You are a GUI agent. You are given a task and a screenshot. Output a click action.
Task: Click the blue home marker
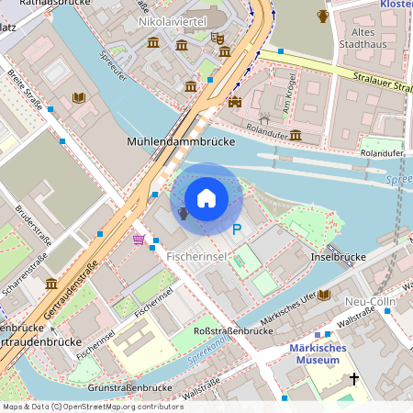[x=206, y=198]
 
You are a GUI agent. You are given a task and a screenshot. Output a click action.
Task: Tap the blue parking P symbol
[x=237, y=229]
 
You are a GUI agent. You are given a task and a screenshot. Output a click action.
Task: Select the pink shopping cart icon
[x=139, y=240]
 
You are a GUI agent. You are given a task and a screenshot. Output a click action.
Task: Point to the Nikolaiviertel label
[x=172, y=20]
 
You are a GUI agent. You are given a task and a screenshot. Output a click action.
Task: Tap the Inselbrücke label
[x=332, y=257]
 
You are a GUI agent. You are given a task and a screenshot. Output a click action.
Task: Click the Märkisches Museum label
[x=324, y=354]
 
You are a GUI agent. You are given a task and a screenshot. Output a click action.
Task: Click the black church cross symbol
[x=354, y=378]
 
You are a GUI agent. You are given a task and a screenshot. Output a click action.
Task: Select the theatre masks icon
[x=218, y=38]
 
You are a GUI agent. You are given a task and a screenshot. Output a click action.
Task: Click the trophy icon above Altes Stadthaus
[x=322, y=16]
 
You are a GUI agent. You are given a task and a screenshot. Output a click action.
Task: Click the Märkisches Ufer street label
[x=288, y=309]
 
